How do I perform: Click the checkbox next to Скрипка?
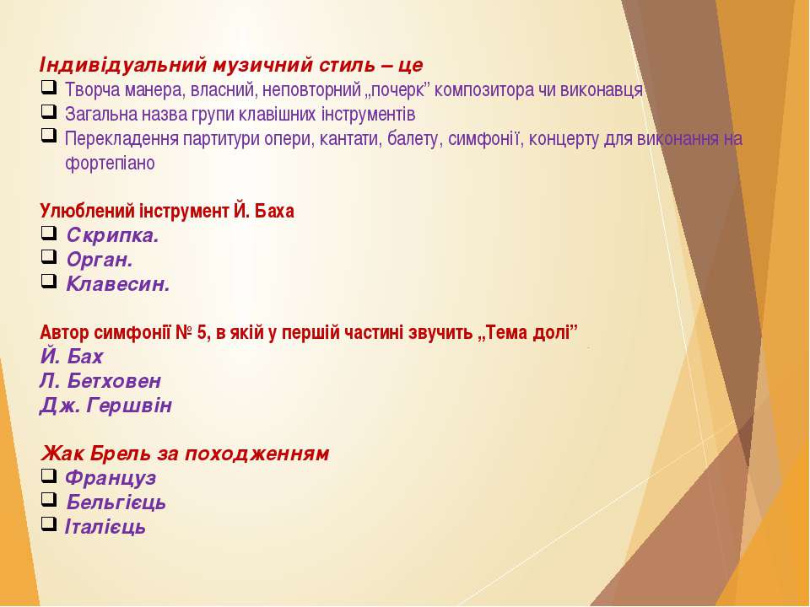coord(49,234)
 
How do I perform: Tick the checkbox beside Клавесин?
coord(49,282)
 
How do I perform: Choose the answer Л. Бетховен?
coord(100,381)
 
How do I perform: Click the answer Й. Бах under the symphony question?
coord(71,357)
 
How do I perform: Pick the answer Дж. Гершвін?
coord(106,406)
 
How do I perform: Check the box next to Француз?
coord(49,475)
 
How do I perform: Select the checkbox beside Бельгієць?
coord(49,500)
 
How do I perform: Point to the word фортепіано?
coord(110,163)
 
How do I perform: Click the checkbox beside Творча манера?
coord(49,88)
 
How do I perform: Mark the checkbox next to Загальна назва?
coord(49,112)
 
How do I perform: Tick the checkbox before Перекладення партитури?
coord(49,137)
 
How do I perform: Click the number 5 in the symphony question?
coord(202,332)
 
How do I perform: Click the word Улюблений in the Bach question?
coord(88,211)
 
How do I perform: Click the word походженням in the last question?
coord(256,454)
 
